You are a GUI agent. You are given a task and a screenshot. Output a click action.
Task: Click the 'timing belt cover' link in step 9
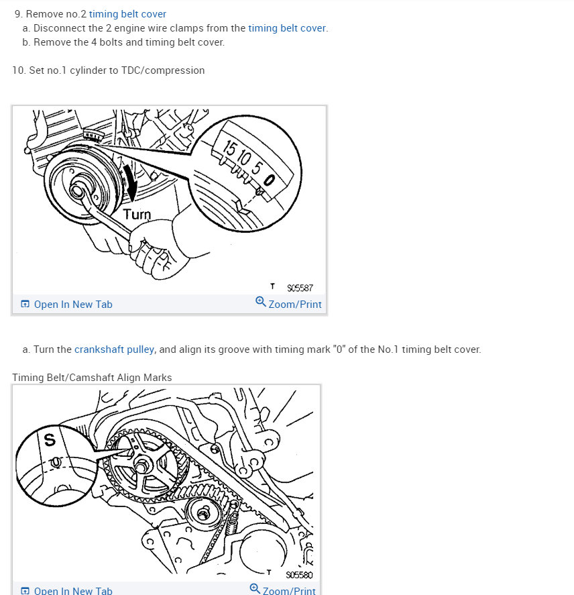click(x=127, y=13)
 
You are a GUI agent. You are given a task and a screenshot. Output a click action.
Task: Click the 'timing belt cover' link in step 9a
click(x=287, y=28)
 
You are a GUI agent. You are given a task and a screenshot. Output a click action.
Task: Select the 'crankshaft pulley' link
click(x=114, y=349)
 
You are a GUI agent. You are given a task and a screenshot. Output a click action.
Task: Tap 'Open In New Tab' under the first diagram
click(x=72, y=305)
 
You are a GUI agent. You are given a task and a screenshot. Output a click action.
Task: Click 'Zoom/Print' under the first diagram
click(x=294, y=305)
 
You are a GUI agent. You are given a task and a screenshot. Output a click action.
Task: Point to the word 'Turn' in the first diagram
click(x=137, y=215)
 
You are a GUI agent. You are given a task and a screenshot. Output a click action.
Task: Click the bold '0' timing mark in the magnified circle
click(x=270, y=179)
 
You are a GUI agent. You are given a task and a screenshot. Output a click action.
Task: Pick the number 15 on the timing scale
click(x=229, y=149)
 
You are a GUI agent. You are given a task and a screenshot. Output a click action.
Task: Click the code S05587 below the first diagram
click(x=300, y=288)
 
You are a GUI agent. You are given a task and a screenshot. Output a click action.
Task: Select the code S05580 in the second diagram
click(x=299, y=575)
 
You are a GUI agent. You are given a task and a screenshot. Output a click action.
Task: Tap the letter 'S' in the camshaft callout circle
click(x=50, y=441)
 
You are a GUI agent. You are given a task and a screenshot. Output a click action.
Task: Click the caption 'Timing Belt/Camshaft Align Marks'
click(x=92, y=378)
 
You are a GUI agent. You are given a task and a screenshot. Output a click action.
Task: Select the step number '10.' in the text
click(x=19, y=70)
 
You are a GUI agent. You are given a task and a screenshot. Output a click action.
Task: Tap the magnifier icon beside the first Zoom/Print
click(x=261, y=302)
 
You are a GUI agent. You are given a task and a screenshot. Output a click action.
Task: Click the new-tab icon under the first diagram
click(x=25, y=305)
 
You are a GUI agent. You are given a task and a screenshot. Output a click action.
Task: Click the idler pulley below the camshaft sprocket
click(x=199, y=515)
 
